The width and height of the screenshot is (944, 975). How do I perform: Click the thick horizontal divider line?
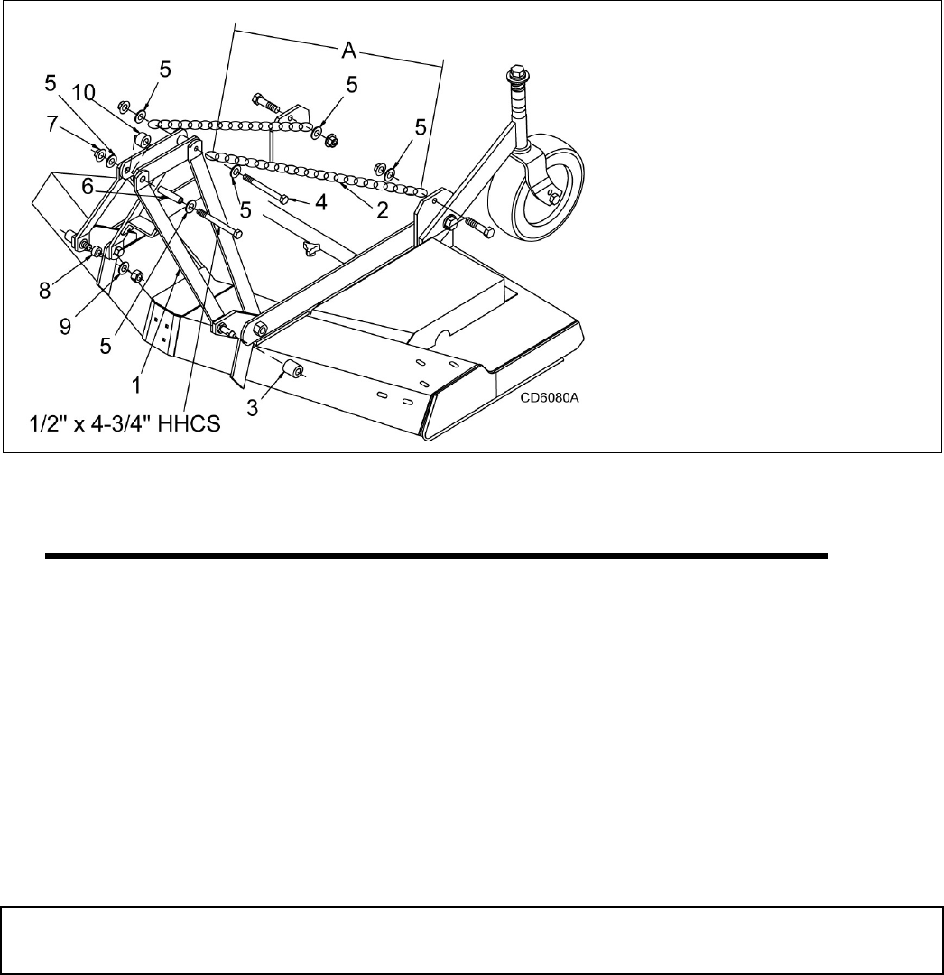[436, 557]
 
